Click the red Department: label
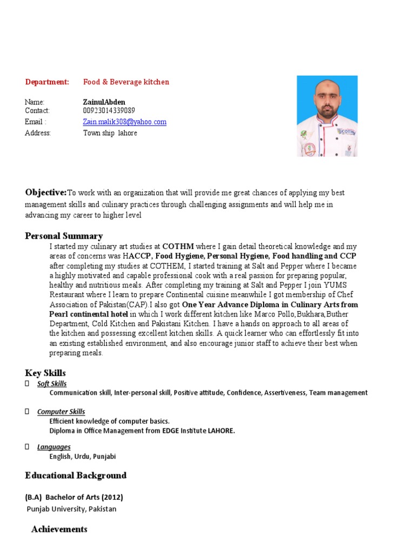[x=47, y=82]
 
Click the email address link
[x=124, y=122]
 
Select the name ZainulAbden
[x=104, y=102]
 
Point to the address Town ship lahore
[x=110, y=133]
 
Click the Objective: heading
[x=46, y=193]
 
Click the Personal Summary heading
[x=64, y=236]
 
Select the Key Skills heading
[x=45, y=373]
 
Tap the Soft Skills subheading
[x=52, y=384]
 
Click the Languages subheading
[x=53, y=447]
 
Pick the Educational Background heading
[x=76, y=476]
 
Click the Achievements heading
[x=59, y=529]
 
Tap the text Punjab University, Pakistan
[x=71, y=509]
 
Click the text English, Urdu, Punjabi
[x=83, y=457]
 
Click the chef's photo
[x=327, y=116]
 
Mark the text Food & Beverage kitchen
[x=126, y=82]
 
